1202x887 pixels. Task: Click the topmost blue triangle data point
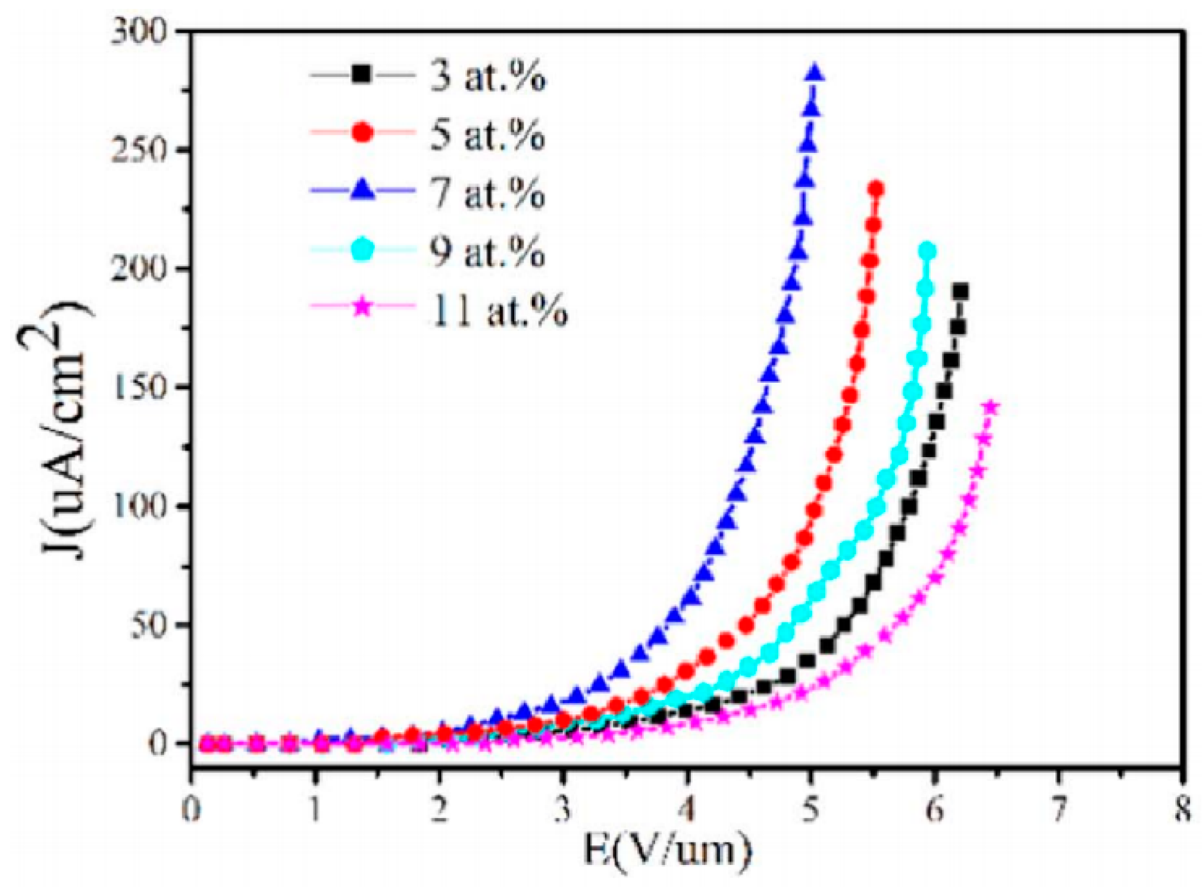point(814,73)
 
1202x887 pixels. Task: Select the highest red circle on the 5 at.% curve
point(875,189)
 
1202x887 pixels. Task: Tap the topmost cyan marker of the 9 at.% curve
point(926,252)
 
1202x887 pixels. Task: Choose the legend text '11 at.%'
point(497,310)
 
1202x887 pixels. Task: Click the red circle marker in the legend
point(362,132)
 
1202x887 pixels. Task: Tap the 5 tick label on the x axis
point(810,811)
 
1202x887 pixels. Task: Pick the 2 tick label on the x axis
point(439,811)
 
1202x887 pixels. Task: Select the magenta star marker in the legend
point(362,308)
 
